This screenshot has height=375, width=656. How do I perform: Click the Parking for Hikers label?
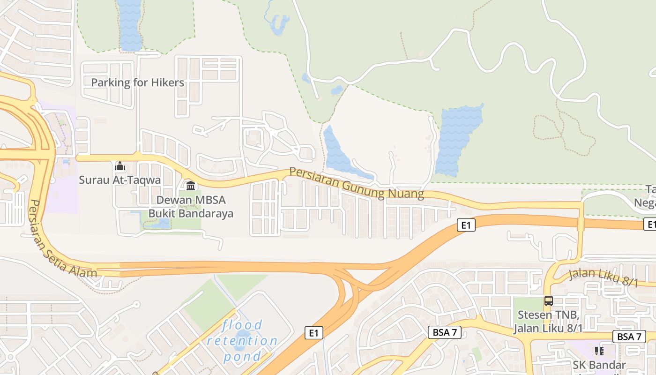tap(137, 83)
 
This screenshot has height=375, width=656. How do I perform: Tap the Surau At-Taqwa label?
tap(119, 180)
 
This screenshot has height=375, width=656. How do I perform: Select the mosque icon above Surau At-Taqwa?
tap(119, 166)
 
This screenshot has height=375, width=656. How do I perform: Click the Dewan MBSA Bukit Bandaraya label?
tap(191, 207)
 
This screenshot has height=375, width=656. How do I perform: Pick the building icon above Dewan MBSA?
tap(191, 186)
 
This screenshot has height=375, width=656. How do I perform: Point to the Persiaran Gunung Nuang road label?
tap(356, 183)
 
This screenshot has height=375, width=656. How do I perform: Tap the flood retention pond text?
tap(242, 341)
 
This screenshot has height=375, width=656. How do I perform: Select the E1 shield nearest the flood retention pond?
tap(314, 333)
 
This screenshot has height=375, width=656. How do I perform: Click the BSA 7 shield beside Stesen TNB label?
tap(445, 333)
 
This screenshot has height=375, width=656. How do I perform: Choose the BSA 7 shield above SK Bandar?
tap(629, 337)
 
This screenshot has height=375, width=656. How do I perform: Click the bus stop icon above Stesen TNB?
tap(548, 301)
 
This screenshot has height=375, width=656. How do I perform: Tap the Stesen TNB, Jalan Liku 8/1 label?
tap(548, 321)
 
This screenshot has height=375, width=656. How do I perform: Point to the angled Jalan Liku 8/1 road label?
tap(604, 277)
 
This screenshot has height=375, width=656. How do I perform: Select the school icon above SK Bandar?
tap(599, 351)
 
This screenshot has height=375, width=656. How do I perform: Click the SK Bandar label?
tap(599, 365)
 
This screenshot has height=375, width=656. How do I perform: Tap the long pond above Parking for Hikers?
tap(130, 26)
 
